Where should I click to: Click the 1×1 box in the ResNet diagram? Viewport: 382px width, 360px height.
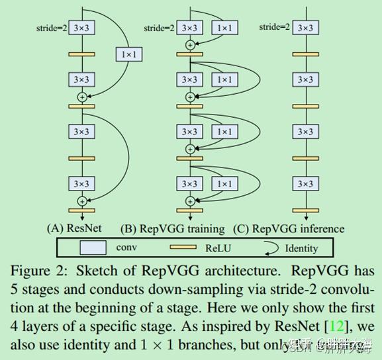coord(129,54)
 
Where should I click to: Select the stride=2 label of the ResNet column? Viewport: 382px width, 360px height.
coord(51,28)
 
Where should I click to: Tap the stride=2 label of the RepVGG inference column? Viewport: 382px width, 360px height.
coord(274,27)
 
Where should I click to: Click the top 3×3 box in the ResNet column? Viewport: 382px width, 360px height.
coord(81,28)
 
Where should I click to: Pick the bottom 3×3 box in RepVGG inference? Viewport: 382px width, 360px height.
coord(305,184)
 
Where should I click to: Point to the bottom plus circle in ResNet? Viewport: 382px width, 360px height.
coord(81,201)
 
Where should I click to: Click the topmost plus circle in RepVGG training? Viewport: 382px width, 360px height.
coord(190,45)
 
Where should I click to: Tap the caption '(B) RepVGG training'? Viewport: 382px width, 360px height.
coord(173,228)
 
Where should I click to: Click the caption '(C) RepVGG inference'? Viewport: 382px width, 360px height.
coord(289,228)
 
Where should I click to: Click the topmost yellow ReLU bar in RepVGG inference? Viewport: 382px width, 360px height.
coord(305,54)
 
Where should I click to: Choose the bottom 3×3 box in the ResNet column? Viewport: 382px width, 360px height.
coord(81,184)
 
